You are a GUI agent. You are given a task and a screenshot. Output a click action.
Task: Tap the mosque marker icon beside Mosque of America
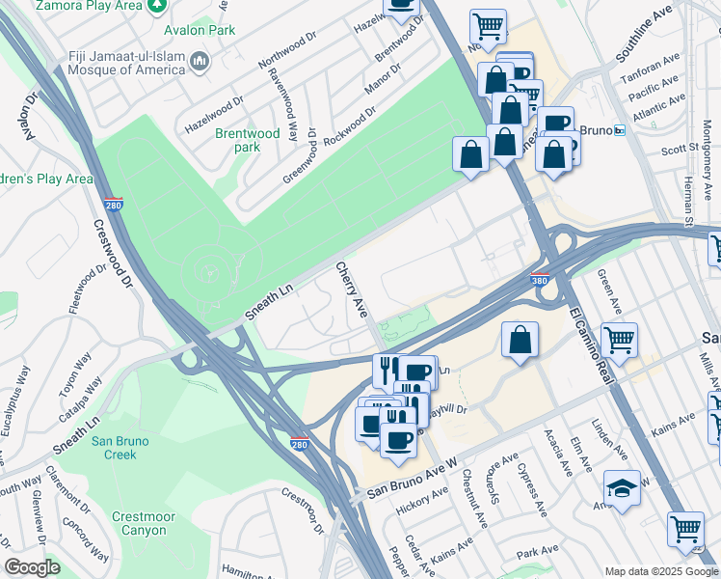click(x=200, y=63)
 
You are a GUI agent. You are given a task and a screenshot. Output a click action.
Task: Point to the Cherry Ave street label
click(x=351, y=289)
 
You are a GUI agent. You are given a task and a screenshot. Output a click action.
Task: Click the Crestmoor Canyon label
click(x=142, y=523)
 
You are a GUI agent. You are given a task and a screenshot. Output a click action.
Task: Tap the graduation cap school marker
click(x=622, y=489)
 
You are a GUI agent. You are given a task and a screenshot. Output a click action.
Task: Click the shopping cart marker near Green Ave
click(x=618, y=339)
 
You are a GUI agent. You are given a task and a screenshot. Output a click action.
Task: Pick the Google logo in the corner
click(x=32, y=567)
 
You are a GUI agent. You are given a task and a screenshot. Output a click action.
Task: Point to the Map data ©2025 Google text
click(x=661, y=570)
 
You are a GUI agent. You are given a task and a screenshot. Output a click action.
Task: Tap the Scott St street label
click(x=680, y=150)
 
